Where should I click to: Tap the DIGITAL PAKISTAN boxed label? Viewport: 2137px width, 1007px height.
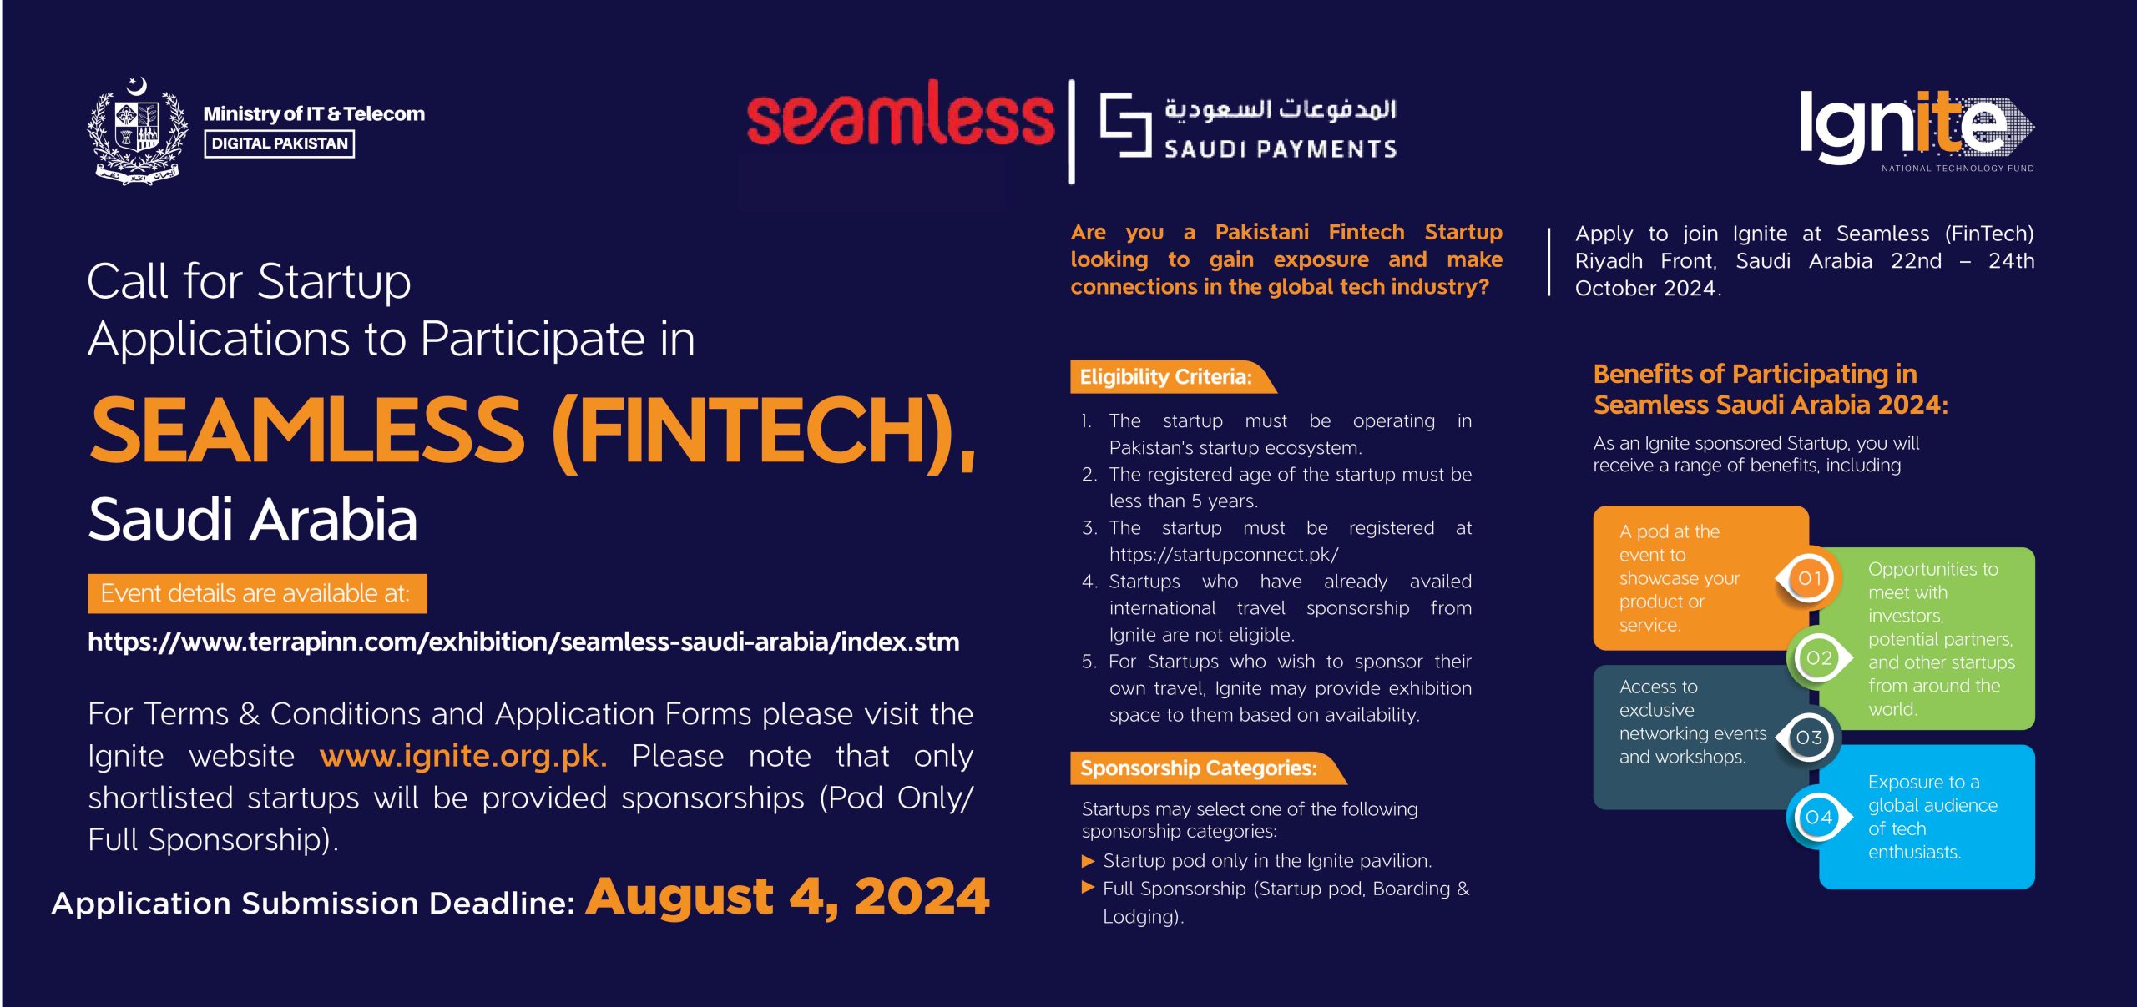[x=280, y=143]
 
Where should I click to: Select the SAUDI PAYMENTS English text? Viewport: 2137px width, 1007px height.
[x=1281, y=149]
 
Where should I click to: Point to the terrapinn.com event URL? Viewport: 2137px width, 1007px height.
[x=523, y=642]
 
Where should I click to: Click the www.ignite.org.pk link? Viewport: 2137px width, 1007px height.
[x=462, y=756]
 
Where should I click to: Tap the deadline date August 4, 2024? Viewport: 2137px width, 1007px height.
[x=787, y=898]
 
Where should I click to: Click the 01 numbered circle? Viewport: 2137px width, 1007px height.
[x=1809, y=578]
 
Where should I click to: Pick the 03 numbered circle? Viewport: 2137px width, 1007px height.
[x=1809, y=738]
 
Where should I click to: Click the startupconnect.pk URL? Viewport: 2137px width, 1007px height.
[x=1224, y=555]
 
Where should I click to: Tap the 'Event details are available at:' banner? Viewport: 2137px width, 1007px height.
[x=257, y=594]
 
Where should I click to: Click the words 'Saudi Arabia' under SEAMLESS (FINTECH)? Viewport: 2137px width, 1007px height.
[x=252, y=519]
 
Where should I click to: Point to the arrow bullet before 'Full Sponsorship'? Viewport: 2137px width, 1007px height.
[x=1088, y=888]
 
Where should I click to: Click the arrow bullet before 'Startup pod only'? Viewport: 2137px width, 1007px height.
[x=1088, y=860]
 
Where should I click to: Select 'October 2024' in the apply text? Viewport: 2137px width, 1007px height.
[x=1647, y=289]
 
